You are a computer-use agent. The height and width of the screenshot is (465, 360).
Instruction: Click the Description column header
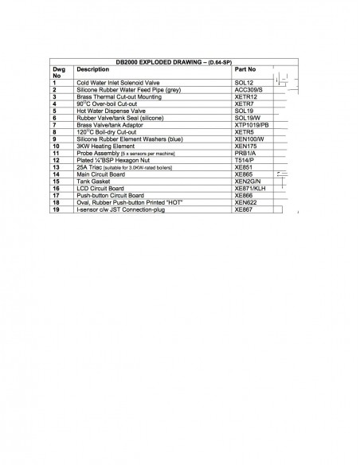(x=93, y=69)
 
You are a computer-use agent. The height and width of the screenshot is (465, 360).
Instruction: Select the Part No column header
(x=237, y=69)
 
